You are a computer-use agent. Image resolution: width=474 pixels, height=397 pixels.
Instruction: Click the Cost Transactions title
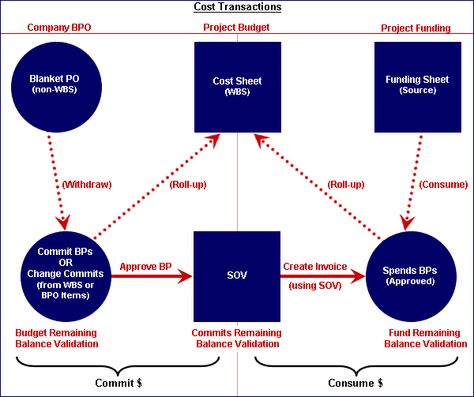click(x=238, y=7)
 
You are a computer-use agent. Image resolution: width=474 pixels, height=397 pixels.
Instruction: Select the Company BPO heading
click(x=59, y=28)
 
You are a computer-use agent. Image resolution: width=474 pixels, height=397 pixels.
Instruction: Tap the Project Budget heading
click(x=236, y=28)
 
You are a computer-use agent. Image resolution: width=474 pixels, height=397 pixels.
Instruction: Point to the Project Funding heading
click(x=416, y=28)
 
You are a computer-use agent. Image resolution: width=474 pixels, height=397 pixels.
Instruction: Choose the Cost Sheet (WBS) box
click(x=237, y=85)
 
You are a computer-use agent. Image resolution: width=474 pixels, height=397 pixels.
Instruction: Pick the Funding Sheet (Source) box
click(x=416, y=85)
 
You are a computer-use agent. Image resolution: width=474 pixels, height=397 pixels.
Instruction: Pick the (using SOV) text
click(x=314, y=285)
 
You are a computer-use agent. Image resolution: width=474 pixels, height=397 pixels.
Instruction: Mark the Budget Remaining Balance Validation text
click(x=57, y=338)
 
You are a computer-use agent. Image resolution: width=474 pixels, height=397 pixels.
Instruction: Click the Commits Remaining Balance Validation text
click(x=235, y=338)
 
